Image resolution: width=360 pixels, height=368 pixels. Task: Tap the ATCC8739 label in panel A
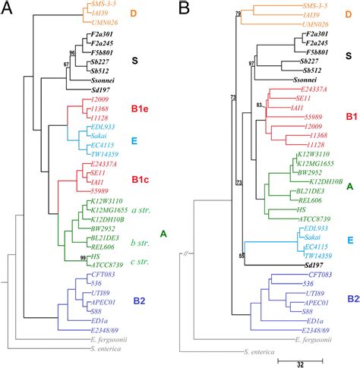tap(99, 263)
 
